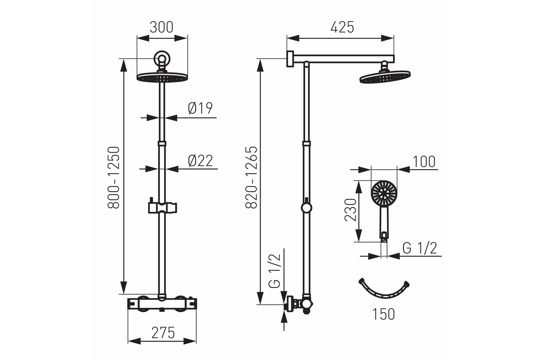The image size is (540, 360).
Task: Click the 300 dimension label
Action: [x=161, y=27]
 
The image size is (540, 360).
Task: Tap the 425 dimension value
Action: [x=342, y=27]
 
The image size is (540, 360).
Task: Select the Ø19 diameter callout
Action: [x=200, y=108]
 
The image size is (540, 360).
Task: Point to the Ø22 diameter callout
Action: [x=200, y=161]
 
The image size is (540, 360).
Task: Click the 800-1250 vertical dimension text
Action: [x=113, y=177]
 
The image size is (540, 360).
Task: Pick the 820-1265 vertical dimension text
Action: [x=252, y=177]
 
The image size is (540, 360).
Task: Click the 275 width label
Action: [x=163, y=333]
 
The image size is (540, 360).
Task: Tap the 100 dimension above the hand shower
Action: [x=424, y=162]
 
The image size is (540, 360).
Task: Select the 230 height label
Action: [x=350, y=210]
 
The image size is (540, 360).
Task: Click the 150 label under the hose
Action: [x=383, y=314]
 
